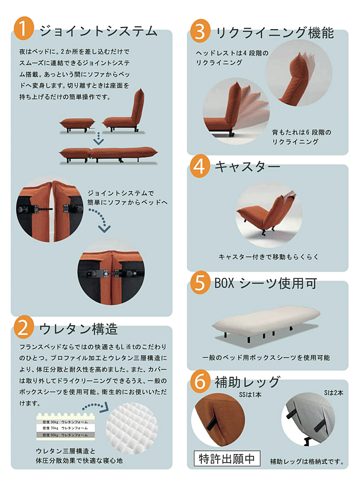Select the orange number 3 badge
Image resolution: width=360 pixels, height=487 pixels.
[x=200, y=32]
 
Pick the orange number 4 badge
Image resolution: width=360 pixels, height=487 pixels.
[x=200, y=166]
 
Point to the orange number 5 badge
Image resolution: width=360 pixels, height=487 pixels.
[x=200, y=283]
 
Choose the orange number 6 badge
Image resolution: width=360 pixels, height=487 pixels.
[x=200, y=381]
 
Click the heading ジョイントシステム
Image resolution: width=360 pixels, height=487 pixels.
[x=98, y=31]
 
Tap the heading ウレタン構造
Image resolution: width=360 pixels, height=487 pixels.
[x=78, y=329]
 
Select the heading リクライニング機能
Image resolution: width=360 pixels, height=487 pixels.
[x=274, y=33]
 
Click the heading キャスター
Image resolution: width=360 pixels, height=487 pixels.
[x=247, y=167]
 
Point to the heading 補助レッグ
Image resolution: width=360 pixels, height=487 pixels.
[x=247, y=381]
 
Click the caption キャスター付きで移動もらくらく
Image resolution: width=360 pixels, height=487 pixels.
[x=268, y=257]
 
